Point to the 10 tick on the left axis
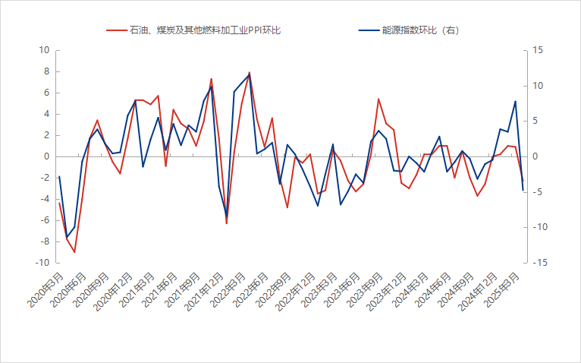(44, 51)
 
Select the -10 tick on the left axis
(42, 263)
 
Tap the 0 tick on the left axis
(46, 156)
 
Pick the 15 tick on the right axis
(539, 51)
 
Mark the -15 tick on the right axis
(541, 263)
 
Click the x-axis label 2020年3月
(46, 291)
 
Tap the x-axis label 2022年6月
(251, 291)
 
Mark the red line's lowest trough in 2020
(74, 252)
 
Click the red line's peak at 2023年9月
(378, 99)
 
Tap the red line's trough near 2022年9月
(287, 207)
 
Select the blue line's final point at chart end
(523, 190)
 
